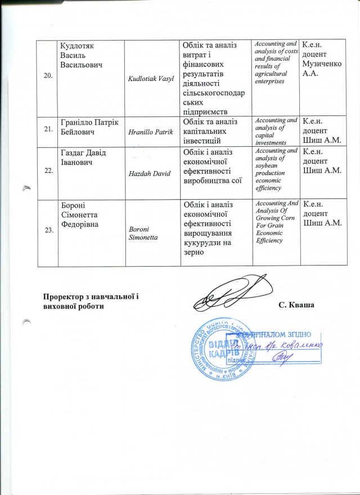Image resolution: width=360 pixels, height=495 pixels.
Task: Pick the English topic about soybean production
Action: tap(276, 170)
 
